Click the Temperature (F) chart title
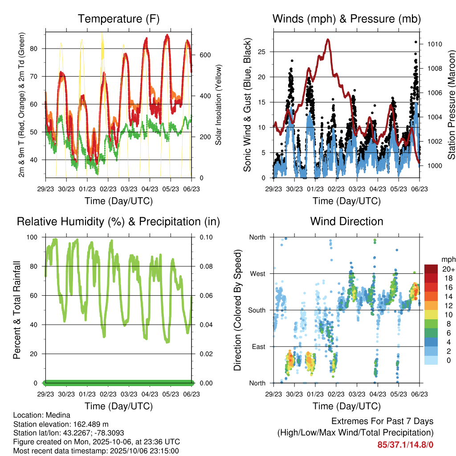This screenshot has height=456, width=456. point(118,19)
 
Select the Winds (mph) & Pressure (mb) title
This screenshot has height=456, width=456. point(346,19)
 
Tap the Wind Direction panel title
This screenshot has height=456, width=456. point(346,221)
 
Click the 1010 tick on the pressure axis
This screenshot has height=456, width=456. point(435,44)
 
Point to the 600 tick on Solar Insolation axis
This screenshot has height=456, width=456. point(204,55)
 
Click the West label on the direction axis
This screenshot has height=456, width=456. point(257,273)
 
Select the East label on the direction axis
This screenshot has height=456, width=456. point(258,346)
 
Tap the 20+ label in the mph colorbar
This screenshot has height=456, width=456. point(448,269)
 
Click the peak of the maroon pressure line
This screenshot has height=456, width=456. point(328,40)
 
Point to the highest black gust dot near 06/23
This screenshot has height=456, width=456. point(415,42)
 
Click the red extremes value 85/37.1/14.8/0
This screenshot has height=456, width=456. point(405,444)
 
